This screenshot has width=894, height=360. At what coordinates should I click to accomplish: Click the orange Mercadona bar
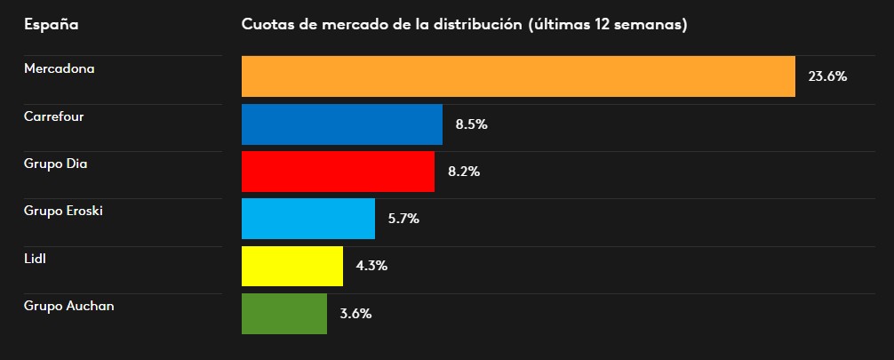tap(518, 76)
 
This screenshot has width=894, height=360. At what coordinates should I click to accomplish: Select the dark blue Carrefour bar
tap(342, 124)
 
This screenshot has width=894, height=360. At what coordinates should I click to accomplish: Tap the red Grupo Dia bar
tap(338, 172)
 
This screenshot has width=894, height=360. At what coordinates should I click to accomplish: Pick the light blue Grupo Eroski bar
tap(308, 219)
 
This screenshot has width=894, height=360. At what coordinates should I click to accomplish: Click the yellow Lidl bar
tap(292, 266)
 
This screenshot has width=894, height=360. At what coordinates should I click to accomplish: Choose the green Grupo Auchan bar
tap(284, 313)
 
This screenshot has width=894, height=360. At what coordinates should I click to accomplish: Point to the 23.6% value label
tap(826, 76)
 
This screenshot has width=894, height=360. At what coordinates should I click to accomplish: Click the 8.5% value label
tap(471, 124)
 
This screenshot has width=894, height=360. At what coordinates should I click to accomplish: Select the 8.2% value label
tap(464, 172)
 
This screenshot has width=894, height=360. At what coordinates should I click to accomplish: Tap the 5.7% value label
tap(403, 219)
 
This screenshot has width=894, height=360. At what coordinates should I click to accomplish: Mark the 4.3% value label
tap(371, 266)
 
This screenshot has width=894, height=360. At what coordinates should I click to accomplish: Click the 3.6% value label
tap(355, 313)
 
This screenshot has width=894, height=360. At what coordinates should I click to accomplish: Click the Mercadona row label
tap(60, 68)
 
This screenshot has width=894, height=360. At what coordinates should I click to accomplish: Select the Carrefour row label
tap(54, 116)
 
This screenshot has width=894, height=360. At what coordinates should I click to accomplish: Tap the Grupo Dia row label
tap(56, 164)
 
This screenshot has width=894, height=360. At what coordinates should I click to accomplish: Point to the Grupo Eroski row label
tap(64, 211)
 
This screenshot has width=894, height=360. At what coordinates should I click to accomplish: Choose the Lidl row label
tap(35, 258)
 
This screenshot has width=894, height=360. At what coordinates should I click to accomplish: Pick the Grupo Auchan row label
tap(69, 306)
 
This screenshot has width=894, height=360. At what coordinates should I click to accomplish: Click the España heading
tap(51, 24)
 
